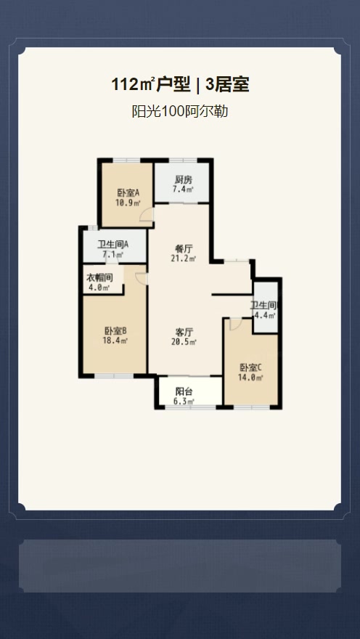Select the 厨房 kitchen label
[x=184, y=179]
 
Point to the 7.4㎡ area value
[x=184, y=189]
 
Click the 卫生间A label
[x=112, y=245]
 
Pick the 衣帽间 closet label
[x=99, y=278]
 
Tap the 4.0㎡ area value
[x=99, y=288]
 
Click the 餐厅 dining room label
[x=184, y=248]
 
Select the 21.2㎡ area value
[x=184, y=258]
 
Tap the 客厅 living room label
[x=184, y=331]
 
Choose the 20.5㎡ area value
[x=184, y=341]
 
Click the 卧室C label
[x=250, y=367]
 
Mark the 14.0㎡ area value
[x=250, y=378]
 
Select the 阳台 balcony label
[x=184, y=391]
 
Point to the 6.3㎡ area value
[x=184, y=402]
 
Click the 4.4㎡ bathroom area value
[x=266, y=315]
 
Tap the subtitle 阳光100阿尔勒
[x=179, y=111]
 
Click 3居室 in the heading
[x=228, y=86]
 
